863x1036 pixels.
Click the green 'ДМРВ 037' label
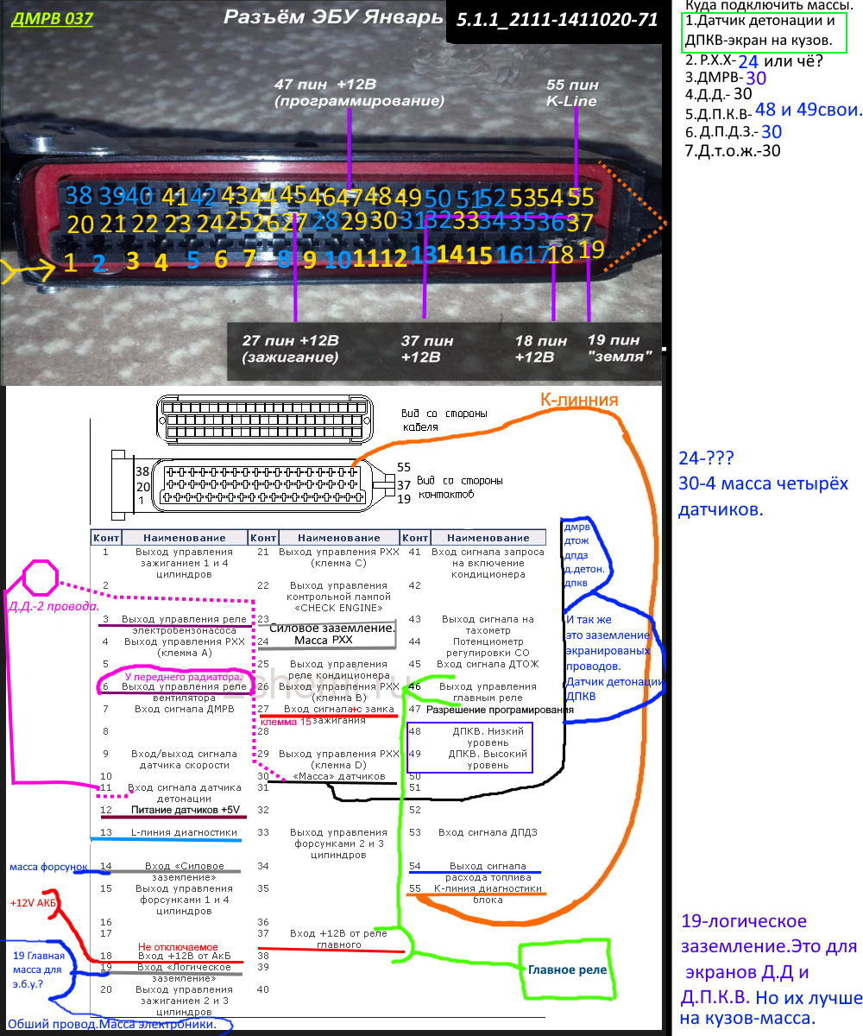click(x=41, y=19)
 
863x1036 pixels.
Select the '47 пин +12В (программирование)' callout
click(x=358, y=92)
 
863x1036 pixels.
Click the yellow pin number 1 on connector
click(x=71, y=262)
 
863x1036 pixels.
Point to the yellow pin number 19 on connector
click(x=591, y=250)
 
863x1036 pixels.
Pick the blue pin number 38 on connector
click(x=79, y=195)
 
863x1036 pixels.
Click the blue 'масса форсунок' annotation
click(x=48, y=866)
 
